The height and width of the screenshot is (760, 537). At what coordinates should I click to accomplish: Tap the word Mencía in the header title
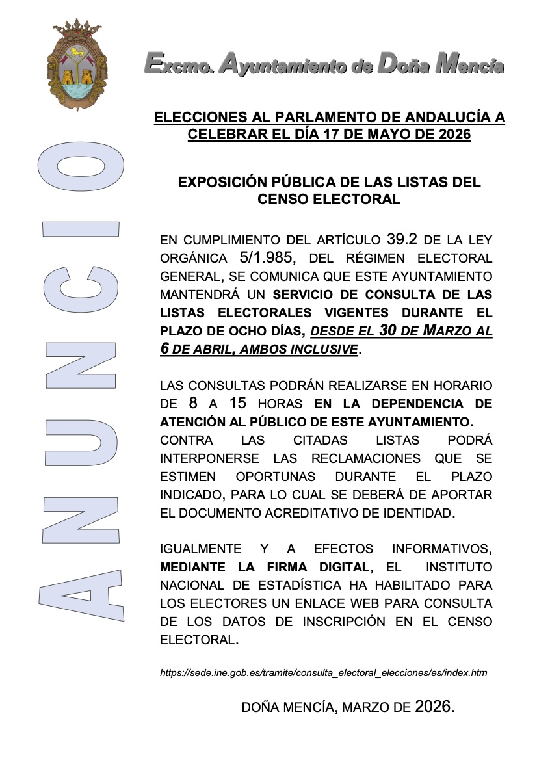(469, 65)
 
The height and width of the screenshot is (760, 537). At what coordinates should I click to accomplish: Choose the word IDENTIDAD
(416, 513)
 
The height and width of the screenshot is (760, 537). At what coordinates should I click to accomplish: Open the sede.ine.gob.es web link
(323, 673)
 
